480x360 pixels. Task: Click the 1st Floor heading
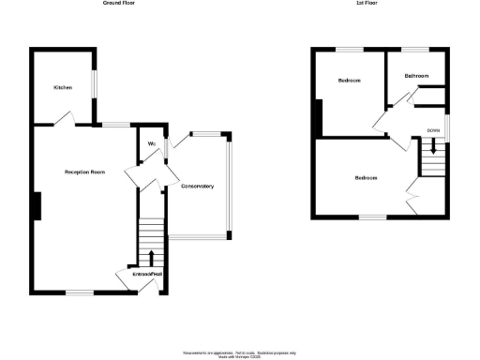pyautogui.click(x=367, y=4)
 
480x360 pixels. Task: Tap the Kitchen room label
pyautogui.click(x=63, y=87)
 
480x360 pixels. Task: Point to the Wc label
pyautogui.click(x=150, y=143)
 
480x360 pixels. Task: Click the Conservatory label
pyautogui.click(x=197, y=186)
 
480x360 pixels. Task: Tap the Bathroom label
pyautogui.click(x=416, y=75)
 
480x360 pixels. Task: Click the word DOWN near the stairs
pyautogui.click(x=433, y=130)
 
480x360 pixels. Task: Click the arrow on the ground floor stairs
pyautogui.click(x=152, y=257)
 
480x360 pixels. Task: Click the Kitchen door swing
pyautogui.click(x=63, y=117)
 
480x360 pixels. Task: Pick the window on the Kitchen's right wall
pyautogui.click(x=92, y=82)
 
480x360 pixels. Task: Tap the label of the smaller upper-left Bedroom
pyautogui.click(x=349, y=81)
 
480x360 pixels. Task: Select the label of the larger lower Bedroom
pyautogui.click(x=366, y=178)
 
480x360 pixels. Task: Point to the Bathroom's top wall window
pyautogui.click(x=415, y=49)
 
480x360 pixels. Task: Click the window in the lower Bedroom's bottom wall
pyautogui.click(x=373, y=217)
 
